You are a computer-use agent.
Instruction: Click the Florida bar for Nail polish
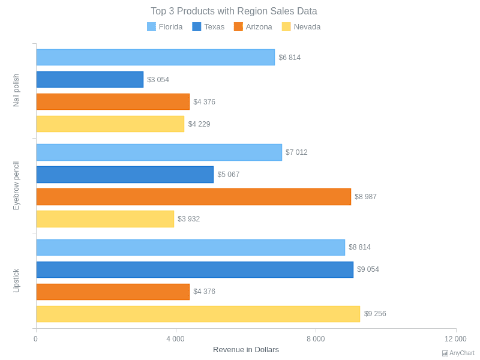155,58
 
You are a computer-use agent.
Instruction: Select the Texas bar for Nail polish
90,80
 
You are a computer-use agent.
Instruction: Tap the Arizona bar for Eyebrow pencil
193,197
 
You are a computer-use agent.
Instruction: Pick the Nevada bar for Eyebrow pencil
105,219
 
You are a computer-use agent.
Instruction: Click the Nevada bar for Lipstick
198,314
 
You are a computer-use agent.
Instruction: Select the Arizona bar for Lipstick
113,292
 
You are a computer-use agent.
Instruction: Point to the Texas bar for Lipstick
194,269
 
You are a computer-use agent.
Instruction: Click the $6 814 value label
289,58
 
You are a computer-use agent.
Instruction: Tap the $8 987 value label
365,197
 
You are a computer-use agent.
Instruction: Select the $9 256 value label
375,314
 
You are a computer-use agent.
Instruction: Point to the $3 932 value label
188,219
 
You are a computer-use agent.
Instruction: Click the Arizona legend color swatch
238,27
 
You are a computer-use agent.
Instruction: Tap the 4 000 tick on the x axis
175,339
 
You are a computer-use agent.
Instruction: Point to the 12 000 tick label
455,339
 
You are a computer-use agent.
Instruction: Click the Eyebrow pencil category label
16,185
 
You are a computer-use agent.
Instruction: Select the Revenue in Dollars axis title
245,350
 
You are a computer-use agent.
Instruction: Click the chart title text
233,11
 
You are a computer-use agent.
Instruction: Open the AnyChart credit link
458,353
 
